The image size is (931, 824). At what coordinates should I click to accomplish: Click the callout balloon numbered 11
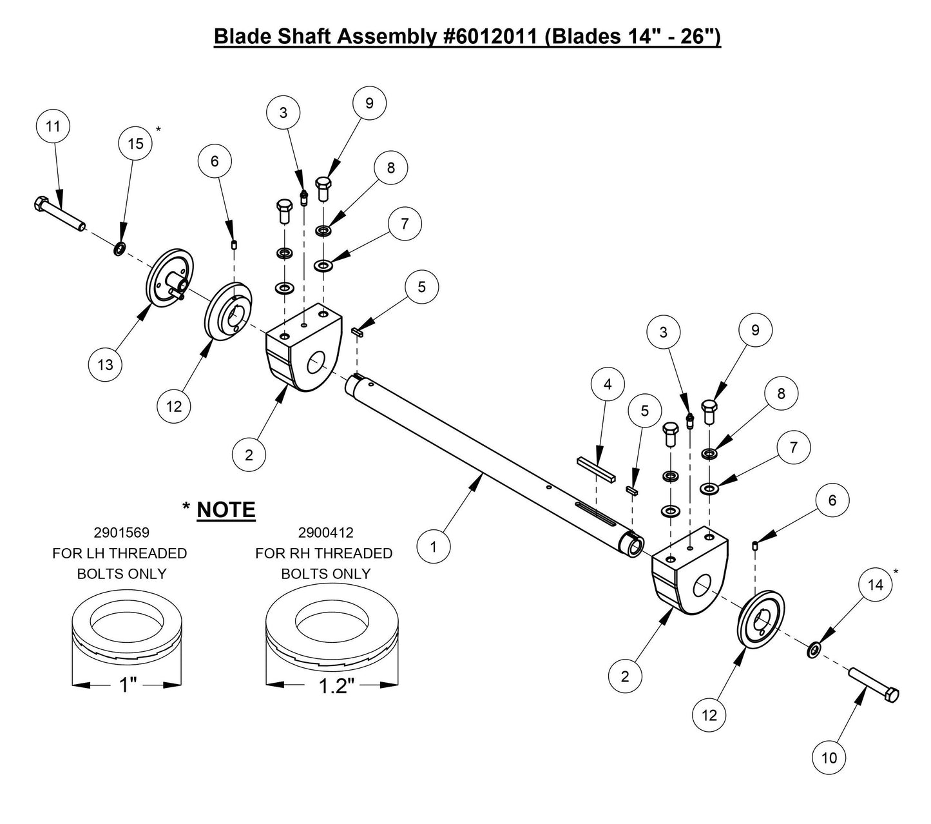click(53, 126)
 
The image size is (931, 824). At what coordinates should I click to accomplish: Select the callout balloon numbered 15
click(135, 143)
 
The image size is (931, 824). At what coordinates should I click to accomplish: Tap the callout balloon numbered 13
click(105, 364)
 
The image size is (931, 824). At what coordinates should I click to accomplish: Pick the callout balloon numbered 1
click(434, 547)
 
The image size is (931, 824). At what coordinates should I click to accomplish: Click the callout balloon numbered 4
click(608, 385)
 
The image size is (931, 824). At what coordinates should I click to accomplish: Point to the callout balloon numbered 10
click(829, 757)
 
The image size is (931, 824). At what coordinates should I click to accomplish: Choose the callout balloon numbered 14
click(876, 585)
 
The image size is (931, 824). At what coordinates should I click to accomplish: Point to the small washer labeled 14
click(814, 649)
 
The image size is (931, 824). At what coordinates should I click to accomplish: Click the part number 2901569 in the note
click(122, 533)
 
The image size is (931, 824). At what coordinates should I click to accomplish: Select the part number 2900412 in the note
click(325, 533)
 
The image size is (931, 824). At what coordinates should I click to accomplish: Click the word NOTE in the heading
click(226, 510)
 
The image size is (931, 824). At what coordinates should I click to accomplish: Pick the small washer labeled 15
click(120, 249)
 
